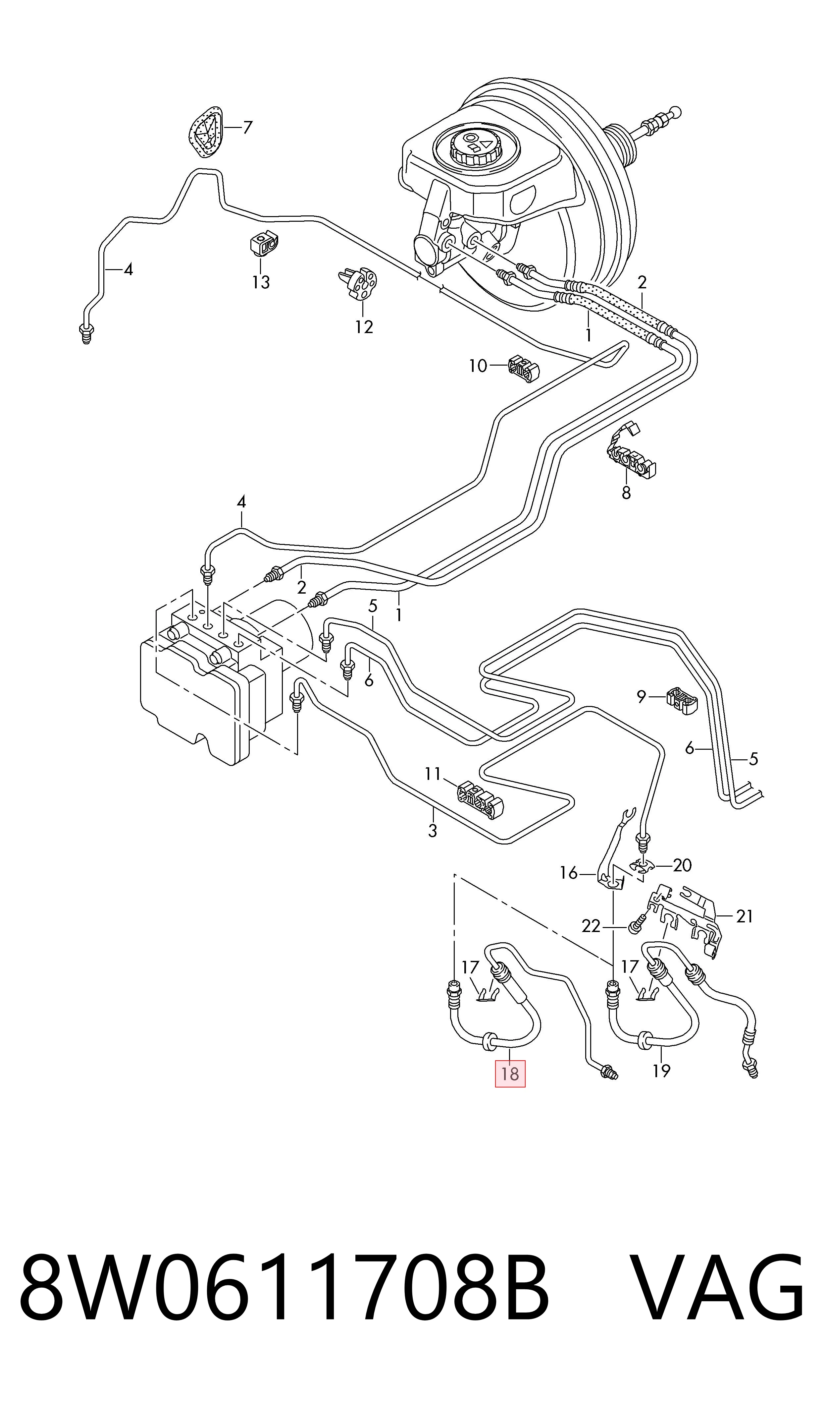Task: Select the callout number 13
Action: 261,282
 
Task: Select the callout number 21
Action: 745,916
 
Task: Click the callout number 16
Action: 569,873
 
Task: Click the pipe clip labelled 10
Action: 524,368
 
